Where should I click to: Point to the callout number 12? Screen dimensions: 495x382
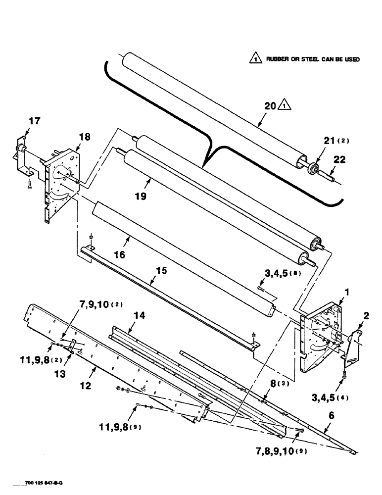pyautogui.click(x=86, y=386)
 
